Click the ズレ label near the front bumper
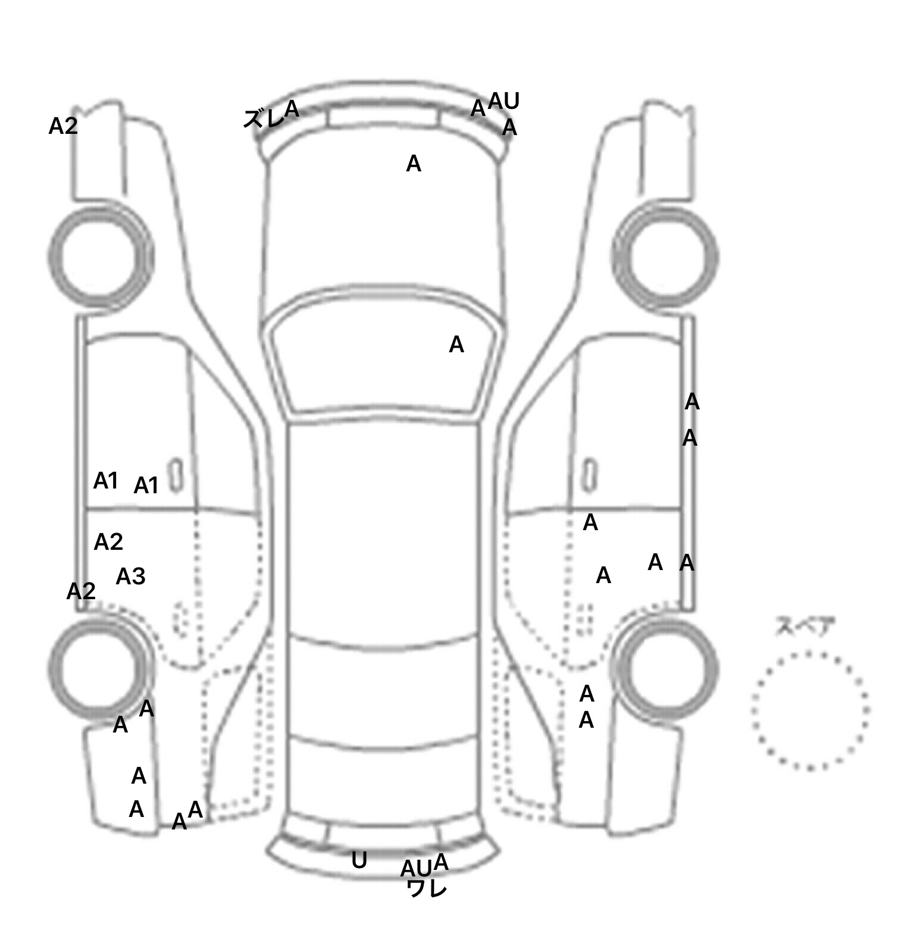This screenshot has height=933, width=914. coord(264,119)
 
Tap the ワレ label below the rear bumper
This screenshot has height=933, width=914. coord(427,889)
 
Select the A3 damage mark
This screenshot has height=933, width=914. coord(130,577)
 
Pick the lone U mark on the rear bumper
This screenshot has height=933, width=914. coord(359,860)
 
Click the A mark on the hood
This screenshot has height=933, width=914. coord(414,164)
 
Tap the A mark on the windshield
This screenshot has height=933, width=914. coord(456,345)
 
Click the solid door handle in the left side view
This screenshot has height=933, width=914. coord(175,475)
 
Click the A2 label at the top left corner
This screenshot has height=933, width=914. coord(63,126)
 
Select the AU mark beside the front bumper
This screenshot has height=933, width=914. coord(504,102)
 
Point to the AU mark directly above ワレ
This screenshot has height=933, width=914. coord(416,869)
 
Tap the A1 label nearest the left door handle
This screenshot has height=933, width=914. coord(146,486)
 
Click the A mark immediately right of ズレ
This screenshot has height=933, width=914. coord(292,109)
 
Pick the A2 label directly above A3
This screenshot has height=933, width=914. coord(108,542)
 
